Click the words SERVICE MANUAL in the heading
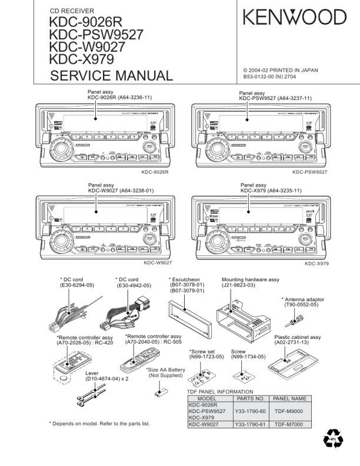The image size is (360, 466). [x=111, y=76]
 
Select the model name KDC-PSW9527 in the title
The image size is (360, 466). [x=96, y=35]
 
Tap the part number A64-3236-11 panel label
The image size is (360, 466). [x=135, y=98]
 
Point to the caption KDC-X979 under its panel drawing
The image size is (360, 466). [x=316, y=264]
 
